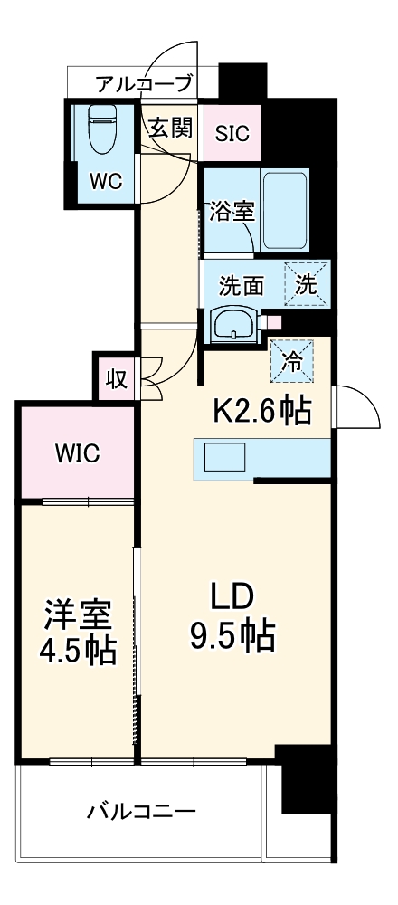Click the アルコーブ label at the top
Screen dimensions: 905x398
tap(145, 84)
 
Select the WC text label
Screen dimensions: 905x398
tap(105, 179)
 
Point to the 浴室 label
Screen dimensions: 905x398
tap(232, 212)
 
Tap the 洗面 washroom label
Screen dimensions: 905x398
tap(242, 285)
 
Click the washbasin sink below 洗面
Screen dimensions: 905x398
tap(234, 324)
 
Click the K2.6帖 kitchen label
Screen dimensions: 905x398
tap(262, 411)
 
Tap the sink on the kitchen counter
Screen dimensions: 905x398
tap(224, 458)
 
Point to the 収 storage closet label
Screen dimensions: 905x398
tap(116, 378)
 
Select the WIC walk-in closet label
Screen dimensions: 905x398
tap(76, 452)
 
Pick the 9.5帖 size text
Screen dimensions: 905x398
tap(232, 637)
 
